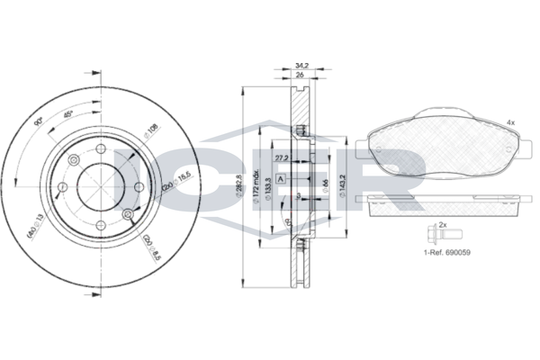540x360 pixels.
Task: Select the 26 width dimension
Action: [301, 76]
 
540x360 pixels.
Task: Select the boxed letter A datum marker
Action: [282, 179]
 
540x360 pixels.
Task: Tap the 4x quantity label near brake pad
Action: [509, 121]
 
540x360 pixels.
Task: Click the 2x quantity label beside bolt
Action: [442, 223]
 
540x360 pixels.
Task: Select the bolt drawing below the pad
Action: [431, 236]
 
